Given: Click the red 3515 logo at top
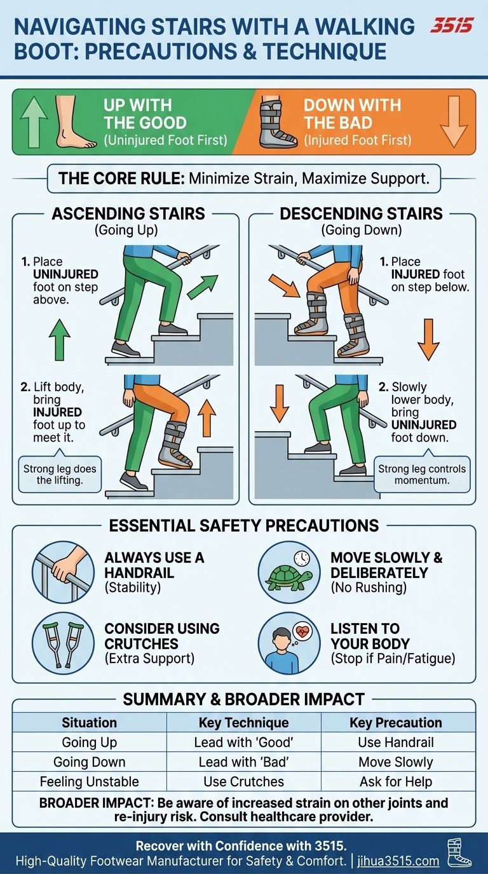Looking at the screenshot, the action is coord(451,26).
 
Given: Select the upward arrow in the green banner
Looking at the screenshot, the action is coord(33,122).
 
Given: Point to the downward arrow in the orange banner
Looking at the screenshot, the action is coord(454,122).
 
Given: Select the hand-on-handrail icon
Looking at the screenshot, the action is coord(63,572).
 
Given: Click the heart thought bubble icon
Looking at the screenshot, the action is coord(303,632).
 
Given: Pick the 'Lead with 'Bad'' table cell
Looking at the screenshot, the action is coord(243,762).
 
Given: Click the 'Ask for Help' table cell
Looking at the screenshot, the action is coord(396,781).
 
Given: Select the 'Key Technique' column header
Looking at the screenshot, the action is coord(243,723).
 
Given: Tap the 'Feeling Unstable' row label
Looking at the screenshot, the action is coord(90,781).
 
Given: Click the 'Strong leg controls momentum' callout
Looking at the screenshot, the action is coord(422,474).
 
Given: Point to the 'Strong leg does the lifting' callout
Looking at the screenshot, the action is coord(60,474).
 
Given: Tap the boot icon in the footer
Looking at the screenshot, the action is coord(459,857).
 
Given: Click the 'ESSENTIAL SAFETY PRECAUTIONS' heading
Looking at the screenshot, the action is coord(244,525).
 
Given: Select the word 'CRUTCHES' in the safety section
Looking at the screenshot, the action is coord(141,643).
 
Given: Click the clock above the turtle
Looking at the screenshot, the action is coord(302,559).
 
